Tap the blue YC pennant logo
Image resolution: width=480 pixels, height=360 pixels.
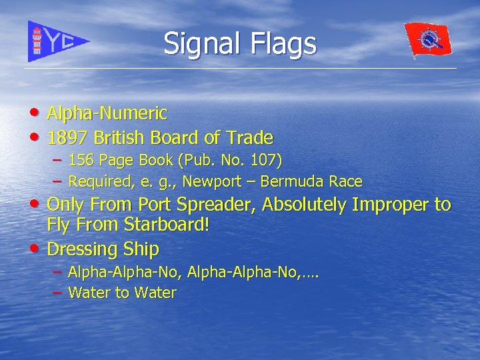[x=57, y=41]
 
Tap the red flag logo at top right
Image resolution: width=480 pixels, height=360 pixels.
[x=428, y=41]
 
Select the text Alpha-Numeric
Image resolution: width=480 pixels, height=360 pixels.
[x=107, y=113]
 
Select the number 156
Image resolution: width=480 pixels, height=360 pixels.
[x=81, y=161]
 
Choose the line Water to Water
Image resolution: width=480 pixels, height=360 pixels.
[x=122, y=293]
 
